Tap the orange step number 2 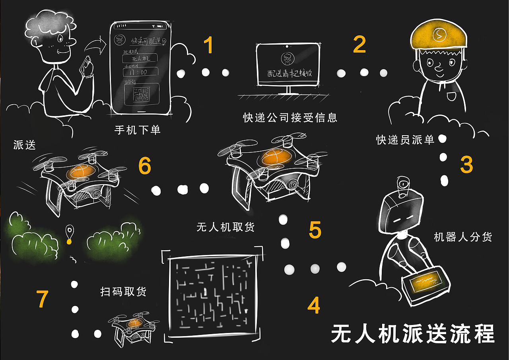pyautogui.click(x=359, y=45)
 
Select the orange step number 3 pyautogui.click(x=466, y=164)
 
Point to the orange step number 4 pyautogui.click(x=313, y=306)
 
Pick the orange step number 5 pyautogui.click(x=315, y=230)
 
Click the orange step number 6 pyautogui.click(x=144, y=166)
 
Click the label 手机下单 pyautogui.click(x=138, y=130)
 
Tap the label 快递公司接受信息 pyautogui.click(x=290, y=117)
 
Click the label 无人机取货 pyautogui.click(x=226, y=227)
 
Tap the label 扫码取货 pyautogui.click(x=124, y=291)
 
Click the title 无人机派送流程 pyautogui.click(x=413, y=334)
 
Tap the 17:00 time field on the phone pyautogui.click(x=140, y=72)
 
